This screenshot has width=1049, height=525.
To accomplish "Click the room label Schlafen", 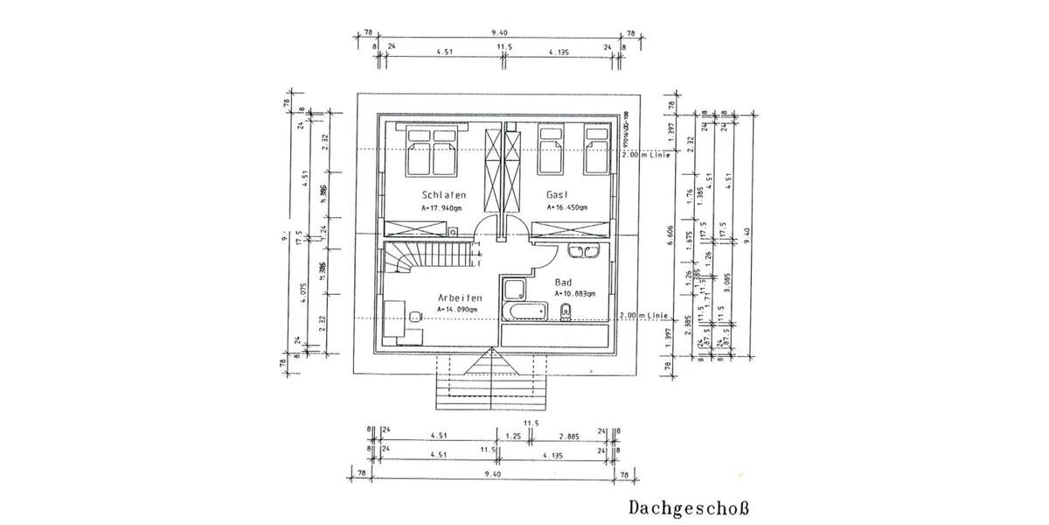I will point(443,194).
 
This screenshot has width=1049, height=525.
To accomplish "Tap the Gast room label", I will point(559,194).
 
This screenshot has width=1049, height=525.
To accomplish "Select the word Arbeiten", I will point(460,297).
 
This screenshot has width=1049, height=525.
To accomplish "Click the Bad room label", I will point(564,283).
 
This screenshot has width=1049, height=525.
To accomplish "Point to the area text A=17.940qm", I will point(441,208).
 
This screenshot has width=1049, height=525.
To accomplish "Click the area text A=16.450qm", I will point(566,208).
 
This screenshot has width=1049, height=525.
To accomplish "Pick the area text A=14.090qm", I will point(457,309).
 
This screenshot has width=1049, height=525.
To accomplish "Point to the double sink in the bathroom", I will point(581,253).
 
